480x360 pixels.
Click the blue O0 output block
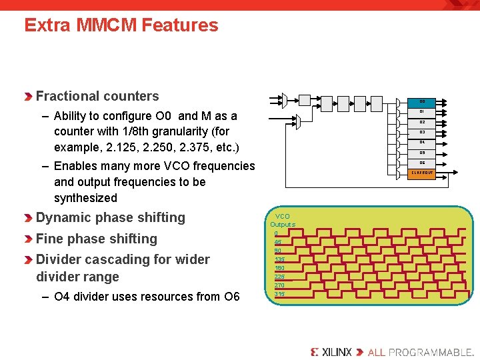click(x=422, y=101)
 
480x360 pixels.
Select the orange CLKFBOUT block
click(x=422, y=173)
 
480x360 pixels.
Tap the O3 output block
click(x=422, y=132)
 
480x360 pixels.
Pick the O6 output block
click(x=422, y=163)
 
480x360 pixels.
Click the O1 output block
click(x=422, y=111)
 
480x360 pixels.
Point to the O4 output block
click(x=422, y=142)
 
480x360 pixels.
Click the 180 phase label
click(x=279, y=268)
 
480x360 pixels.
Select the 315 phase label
click(x=279, y=294)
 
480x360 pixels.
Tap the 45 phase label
click(x=277, y=242)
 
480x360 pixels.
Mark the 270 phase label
click(x=279, y=285)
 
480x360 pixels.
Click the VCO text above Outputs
click(x=283, y=216)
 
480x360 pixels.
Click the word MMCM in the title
click(x=105, y=25)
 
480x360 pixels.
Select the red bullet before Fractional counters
click(x=29, y=97)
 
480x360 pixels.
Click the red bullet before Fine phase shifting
click(x=29, y=239)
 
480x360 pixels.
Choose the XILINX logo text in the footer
click(x=331, y=351)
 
